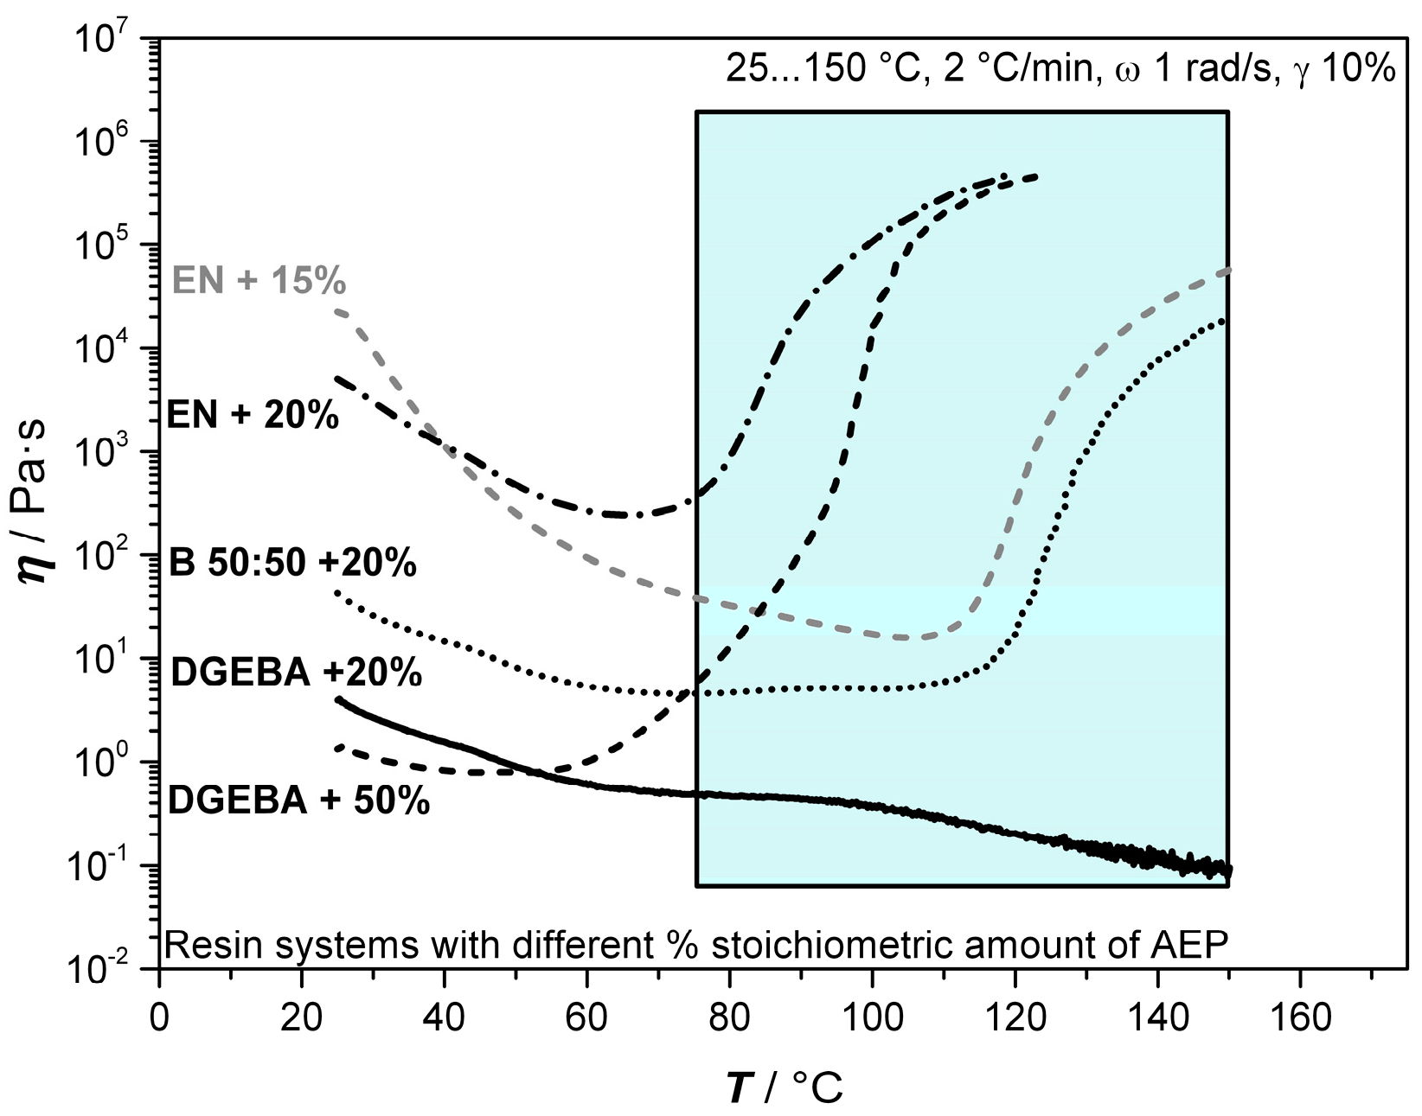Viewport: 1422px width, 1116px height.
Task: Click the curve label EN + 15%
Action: tap(259, 281)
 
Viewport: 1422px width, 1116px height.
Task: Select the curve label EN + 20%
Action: tap(253, 416)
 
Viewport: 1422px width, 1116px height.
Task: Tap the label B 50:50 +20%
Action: tap(293, 563)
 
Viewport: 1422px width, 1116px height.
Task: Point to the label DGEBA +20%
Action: tap(296, 672)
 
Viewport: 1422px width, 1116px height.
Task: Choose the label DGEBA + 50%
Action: tap(298, 800)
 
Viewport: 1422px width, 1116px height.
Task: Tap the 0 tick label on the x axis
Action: tap(159, 1017)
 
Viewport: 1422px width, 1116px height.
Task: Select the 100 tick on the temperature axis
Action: tap(872, 1017)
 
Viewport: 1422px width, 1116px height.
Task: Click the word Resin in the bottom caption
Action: tap(201, 945)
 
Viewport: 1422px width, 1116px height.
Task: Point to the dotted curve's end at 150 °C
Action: tap(1224, 321)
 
